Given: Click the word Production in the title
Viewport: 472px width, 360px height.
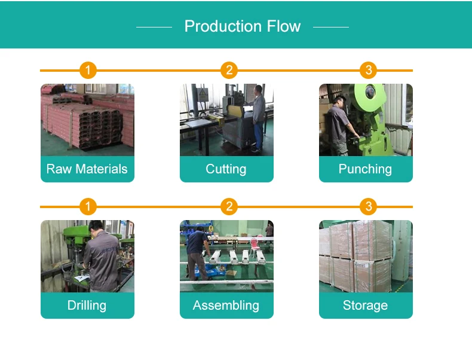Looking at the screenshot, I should pyautogui.click(x=219, y=26).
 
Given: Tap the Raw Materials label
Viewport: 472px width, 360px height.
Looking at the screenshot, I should pyautogui.click(x=87, y=169).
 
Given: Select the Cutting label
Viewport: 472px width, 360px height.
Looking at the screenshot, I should pyautogui.click(x=226, y=169).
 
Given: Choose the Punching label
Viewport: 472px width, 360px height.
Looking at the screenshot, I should pyautogui.click(x=365, y=169).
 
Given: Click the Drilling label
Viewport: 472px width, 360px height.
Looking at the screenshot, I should pyautogui.click(x=87, y=306).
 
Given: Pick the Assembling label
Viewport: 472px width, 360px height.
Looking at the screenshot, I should pyautogui.click(x=226, y=306).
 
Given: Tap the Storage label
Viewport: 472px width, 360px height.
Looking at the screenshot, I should pyautogui.click(x=365, y=306).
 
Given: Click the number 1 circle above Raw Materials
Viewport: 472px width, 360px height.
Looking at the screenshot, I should pyautogui.click(x=88, y=71).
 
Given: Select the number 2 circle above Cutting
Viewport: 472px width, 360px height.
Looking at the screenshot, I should pyautogui.click(x=228, y=71).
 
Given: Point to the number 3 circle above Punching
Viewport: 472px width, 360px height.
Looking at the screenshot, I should pyautogui.click(x=368, y=71).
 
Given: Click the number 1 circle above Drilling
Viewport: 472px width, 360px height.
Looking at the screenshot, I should pyautogui.click(x=88, y=207).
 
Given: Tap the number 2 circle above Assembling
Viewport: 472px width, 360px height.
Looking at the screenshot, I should pyautogui.click(x=228, y=207).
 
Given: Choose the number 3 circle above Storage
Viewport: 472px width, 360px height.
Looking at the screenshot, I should pyautogui.click(x=368, y=207).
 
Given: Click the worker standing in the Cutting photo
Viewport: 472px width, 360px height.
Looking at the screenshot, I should pyautogui.click(x=258, y=117).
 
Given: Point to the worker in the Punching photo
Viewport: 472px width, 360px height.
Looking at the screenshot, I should pyautogui.click(x=339, y=123).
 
